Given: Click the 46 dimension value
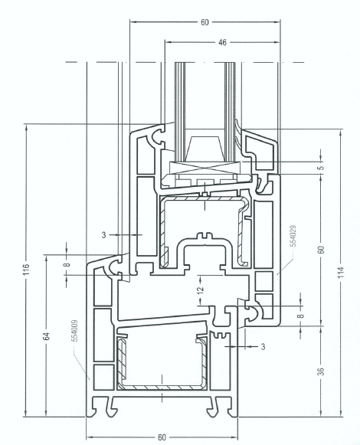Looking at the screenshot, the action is point(223,42).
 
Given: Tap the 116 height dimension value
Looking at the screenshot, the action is point(26,270).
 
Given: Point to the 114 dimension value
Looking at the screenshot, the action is point(342,272).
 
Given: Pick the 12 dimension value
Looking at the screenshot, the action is point(201,290).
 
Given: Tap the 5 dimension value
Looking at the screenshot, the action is point(321,167).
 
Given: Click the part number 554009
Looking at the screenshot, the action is point(75,331).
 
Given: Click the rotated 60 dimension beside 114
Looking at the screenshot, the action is point(321,250).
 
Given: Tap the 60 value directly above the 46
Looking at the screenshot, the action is point(205,22).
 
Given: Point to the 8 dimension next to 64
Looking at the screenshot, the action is point(67,264).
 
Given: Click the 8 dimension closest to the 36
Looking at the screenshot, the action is point(302,315).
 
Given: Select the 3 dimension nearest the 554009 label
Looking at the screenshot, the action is point(104,235).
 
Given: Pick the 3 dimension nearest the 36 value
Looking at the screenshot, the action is point(263,346).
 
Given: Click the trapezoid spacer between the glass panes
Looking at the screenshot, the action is point(204,149).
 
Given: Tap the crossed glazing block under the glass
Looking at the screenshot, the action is point(205,168).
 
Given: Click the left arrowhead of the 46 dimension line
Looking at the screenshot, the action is point(169,42).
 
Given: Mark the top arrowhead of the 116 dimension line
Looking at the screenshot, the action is point(26,127).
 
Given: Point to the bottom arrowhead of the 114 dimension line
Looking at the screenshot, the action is point(342,414).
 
